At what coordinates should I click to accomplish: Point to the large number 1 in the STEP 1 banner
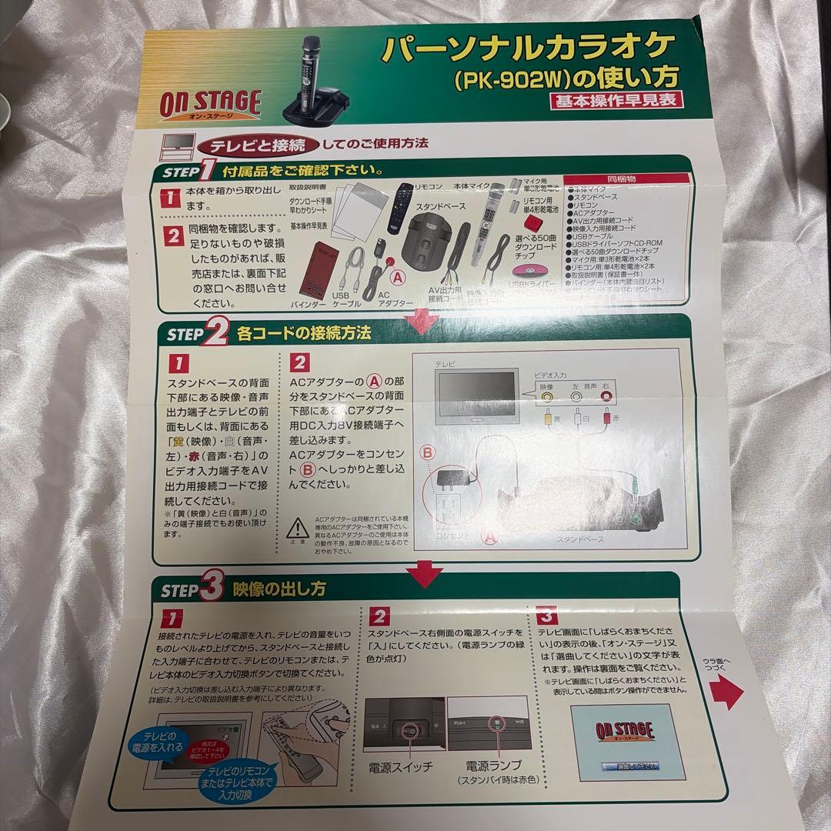click(x=207, y=169)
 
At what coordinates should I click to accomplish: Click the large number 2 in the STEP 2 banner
click(x=216, y=332)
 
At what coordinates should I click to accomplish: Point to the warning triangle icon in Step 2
click(x=297, y=529)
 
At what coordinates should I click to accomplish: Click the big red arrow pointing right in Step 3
click(x=726, y=693)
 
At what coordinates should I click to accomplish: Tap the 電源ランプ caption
click(x=493, y=766)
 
